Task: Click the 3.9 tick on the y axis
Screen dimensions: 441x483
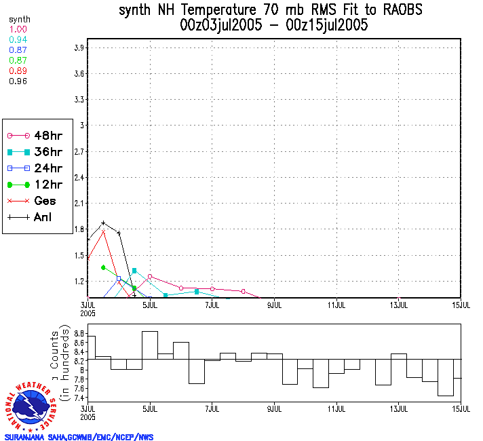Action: [x=79, y=47]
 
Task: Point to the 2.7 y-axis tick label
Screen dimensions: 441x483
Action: [x=79, y=151]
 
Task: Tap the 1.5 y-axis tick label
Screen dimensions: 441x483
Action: [x=79, y=255]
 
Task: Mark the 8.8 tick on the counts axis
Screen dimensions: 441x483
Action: [x=79, y=334]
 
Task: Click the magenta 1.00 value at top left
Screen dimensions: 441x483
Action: [x=18, y=30]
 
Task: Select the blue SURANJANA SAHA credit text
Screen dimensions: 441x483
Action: [x=79, y=437]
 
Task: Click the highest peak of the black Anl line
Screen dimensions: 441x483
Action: [x=103, y=223]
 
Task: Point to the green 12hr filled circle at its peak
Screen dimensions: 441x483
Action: [x=103, y=267]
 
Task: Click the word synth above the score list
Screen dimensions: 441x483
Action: [x=19, y=20]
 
